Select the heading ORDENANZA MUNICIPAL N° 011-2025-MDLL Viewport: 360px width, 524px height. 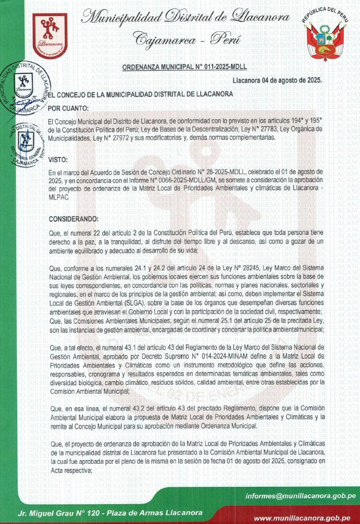(184, 67)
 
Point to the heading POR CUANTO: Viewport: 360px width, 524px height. (68, 108)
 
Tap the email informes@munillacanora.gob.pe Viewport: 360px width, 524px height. (301, 495)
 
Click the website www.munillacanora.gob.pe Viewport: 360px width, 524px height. (305, 517)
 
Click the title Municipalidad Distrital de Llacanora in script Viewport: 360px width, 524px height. (185, 18)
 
